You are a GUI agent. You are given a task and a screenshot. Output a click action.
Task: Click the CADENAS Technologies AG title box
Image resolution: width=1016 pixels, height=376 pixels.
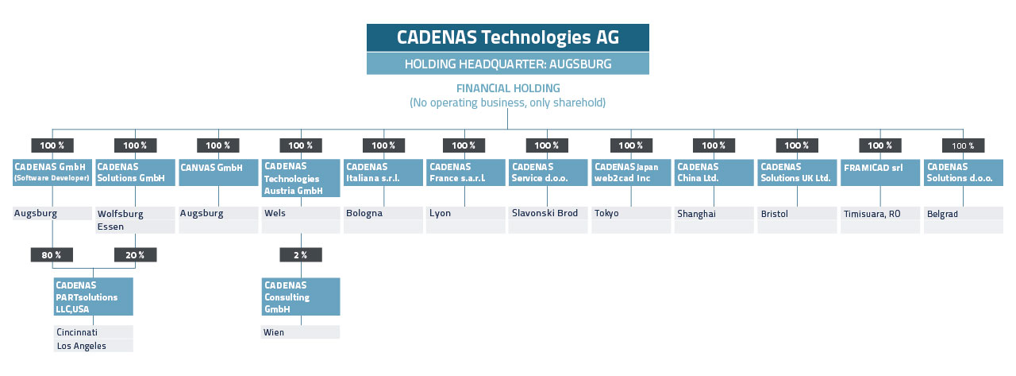[507, 37]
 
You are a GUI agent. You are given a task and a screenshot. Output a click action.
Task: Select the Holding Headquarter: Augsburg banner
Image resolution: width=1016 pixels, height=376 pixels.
[507, 64]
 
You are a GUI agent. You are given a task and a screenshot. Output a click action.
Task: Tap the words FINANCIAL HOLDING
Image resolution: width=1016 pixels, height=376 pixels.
[508, 88]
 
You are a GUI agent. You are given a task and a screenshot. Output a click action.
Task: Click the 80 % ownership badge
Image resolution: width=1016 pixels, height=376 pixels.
[52, 254]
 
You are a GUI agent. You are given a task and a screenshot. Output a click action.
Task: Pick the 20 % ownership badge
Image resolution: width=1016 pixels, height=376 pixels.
[135, 254]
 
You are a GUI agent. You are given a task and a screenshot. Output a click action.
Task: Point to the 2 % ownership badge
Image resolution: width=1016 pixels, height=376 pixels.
[301, 254]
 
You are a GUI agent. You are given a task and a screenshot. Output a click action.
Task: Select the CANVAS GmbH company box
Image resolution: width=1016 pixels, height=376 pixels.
[218, 172]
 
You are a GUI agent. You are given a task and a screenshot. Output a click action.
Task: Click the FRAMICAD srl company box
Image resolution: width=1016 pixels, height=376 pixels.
[880, 172]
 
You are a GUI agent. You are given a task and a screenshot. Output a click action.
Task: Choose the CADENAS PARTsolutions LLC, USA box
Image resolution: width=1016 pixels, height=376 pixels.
[94, 297]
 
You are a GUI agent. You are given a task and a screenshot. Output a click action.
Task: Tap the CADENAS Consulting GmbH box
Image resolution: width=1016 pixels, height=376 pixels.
[301, 297]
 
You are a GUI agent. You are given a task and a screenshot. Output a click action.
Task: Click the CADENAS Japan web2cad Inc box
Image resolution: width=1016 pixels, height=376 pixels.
[631, 172]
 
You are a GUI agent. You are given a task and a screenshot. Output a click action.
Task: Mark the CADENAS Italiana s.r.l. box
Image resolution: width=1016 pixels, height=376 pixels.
[383, 172]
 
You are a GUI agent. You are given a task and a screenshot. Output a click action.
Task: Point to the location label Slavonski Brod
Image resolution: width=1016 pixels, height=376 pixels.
[545, 213]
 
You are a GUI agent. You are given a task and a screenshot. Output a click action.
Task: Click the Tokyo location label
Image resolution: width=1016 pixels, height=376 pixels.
[606, 213]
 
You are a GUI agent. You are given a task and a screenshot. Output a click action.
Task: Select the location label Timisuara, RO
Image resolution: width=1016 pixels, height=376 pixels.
[872, 214]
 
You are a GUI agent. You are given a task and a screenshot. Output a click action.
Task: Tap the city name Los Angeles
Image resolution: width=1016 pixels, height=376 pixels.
[82, 346]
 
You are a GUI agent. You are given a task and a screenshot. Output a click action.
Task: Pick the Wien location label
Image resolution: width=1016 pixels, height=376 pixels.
[274, 332]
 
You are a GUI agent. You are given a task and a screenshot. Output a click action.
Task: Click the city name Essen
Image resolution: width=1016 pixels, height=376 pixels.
[110, 227]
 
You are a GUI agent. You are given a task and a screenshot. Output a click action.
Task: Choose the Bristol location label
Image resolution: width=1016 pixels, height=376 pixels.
[774, 213]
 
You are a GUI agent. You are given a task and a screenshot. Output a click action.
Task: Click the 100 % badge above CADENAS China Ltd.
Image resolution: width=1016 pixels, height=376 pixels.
[714, 145]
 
